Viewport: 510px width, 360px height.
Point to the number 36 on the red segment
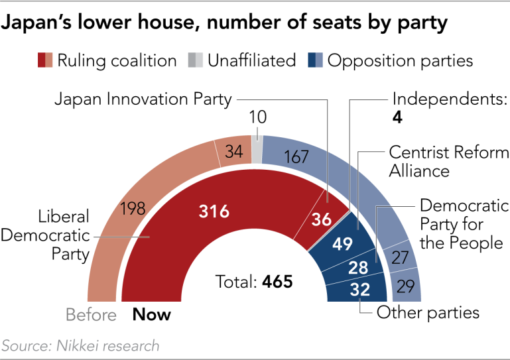322,219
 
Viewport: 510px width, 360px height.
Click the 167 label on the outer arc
296,158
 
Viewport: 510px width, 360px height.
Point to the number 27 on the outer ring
400,258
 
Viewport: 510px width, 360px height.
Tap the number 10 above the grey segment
257,118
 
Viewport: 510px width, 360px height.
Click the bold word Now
152,314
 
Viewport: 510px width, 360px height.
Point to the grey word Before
92,314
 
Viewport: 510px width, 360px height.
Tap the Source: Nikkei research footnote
81,345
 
